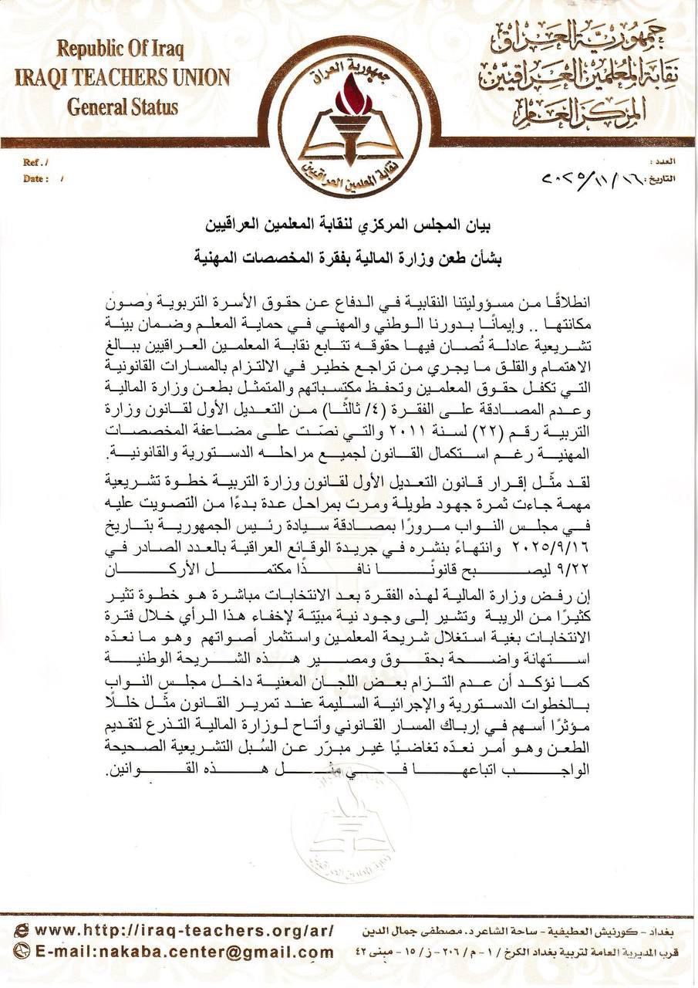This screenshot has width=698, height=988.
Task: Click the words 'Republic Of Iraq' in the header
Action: coord(119,50)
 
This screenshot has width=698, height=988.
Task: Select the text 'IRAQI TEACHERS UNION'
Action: coord(123,78)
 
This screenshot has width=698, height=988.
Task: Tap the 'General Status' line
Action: coord(122,107)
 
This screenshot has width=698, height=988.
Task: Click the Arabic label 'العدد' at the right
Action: coord(663,164)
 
